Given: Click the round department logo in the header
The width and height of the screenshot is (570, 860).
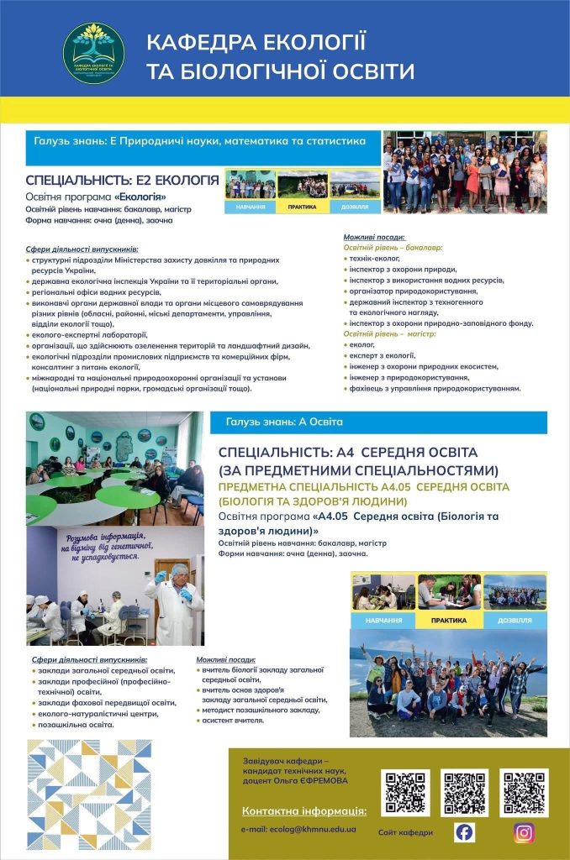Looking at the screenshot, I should (94, 53).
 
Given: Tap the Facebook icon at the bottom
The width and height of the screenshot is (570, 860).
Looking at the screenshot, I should (464, 831).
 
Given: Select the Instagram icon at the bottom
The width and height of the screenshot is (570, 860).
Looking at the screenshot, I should (524, 831).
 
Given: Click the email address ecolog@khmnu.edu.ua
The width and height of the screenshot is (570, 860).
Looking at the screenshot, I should (298, 829).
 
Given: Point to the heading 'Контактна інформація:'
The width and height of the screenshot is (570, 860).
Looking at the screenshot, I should (304, 810).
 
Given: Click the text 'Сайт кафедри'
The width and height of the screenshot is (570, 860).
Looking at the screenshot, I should (405, 832).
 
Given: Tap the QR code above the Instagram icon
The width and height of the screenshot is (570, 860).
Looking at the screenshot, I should (524, 792).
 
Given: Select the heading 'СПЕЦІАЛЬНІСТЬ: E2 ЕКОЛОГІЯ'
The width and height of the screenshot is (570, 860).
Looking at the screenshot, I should (123, 180).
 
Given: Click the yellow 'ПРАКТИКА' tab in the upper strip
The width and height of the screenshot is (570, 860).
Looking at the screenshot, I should (302, 206).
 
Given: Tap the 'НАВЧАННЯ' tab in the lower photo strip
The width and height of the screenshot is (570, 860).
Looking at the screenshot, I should (383, 621).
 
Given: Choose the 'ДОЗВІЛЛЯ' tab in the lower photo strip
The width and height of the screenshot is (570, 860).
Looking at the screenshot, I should (515, 621).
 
